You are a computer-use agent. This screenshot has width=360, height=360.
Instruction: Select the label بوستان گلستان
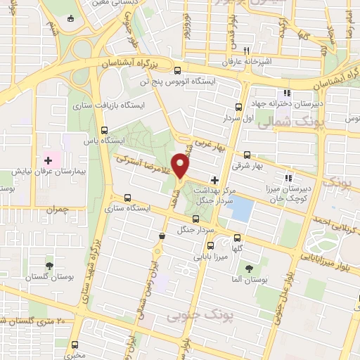click(x=51, y=278)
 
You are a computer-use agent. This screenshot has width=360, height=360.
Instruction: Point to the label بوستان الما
click(x=251, y=280)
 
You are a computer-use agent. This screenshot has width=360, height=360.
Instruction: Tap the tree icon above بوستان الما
click(x=249, y=268)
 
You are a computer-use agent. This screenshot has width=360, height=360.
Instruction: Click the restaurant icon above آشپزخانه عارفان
click(x=246, y=51)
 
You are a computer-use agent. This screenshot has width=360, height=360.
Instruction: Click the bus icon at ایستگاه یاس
click(x=105, y=130)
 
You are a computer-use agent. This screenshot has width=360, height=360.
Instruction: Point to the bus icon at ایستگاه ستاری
click(x=127, y=198)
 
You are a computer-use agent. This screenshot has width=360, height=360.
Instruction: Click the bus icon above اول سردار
click(x=238, y=108)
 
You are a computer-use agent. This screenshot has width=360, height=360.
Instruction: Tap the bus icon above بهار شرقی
click(x=247, y=155)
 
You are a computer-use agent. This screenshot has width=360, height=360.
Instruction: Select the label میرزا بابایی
click(x=213, y=257)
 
